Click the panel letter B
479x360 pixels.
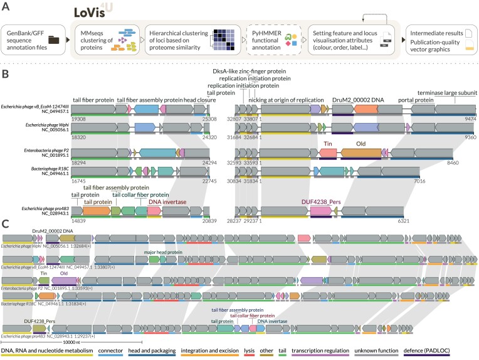[5, 73]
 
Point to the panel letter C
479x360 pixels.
[5, 223]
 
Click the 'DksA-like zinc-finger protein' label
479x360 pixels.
[255, 72]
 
